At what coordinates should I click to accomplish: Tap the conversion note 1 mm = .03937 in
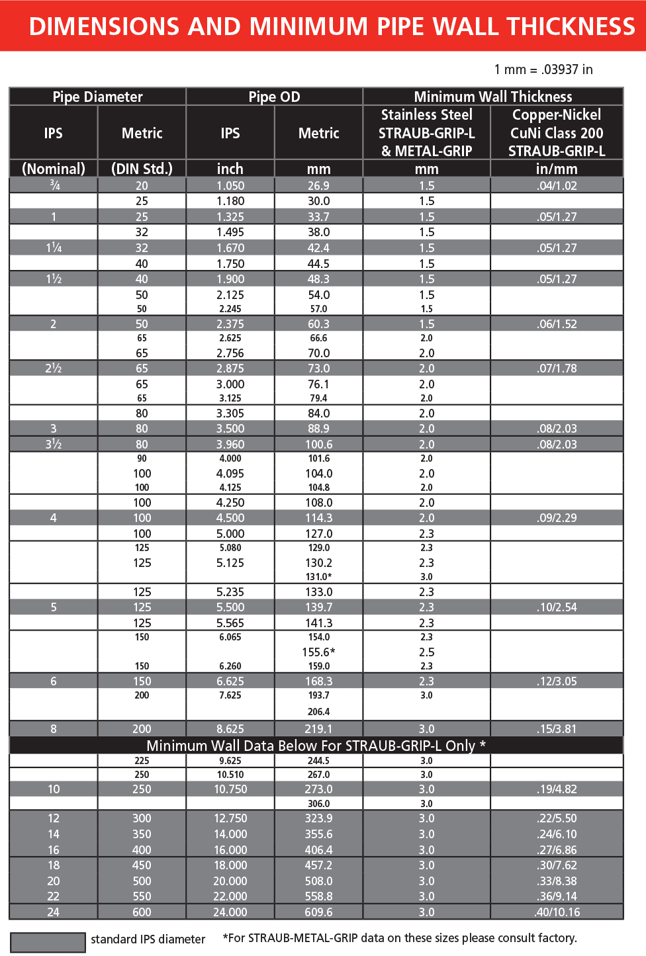543,69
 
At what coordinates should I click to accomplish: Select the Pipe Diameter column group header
97,97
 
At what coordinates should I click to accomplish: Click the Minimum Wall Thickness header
492,97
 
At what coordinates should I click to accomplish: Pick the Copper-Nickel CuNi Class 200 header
556,132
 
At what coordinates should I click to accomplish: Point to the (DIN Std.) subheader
142,169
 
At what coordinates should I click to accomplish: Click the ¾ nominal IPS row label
54,185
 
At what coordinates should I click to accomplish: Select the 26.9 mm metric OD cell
318,186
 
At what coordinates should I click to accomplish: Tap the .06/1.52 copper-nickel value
557,324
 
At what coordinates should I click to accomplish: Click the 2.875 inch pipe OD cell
230,369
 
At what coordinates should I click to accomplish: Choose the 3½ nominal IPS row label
54,445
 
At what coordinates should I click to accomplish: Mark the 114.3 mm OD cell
318,518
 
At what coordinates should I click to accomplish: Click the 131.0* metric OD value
318,577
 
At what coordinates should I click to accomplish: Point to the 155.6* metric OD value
318,652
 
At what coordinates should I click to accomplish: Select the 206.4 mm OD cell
318,712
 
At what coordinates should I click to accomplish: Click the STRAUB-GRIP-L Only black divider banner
316,746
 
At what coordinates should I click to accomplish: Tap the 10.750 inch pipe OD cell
230,789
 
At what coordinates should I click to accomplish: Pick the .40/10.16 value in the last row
557,912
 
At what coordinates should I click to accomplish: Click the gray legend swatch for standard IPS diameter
48,942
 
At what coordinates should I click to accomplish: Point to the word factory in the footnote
556,938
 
